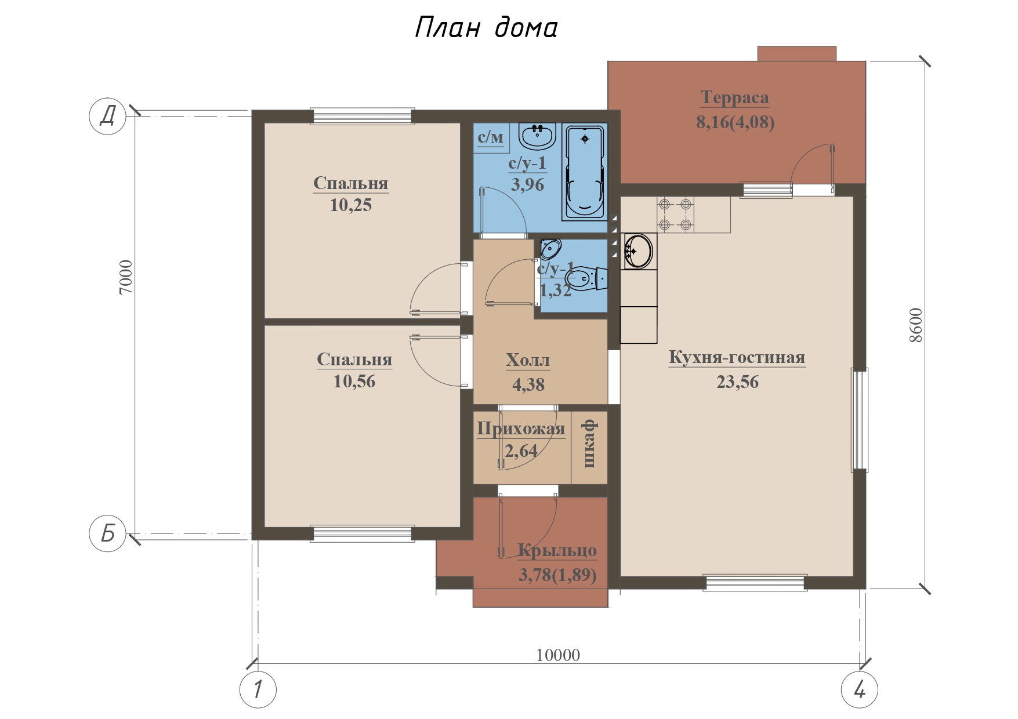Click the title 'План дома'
(x=486, y=27)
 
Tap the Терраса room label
(x=734, y=97)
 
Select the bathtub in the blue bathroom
(x=585, y=172)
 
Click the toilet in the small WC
(x=586, y=279)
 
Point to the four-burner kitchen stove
(x=675, y=215)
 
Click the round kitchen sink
(x=639, y=251)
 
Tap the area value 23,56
(x=737, y=382)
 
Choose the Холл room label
(x=528, y=360)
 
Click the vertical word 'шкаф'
(x=590, y=444)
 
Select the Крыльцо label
(x=557, y=550)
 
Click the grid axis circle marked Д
(x=107, y=116)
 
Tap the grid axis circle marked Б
(x=107, y=533)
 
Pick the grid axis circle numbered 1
(x=258, y=689)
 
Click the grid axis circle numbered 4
(x=860, y=689)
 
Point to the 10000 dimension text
(x=558, y=655)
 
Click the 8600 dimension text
(x=915, y=325)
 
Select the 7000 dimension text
(x=126, y=277)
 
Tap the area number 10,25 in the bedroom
(x=350, y=205)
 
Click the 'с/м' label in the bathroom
(x=491, y=137)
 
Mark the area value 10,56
(x=354, y=382)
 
